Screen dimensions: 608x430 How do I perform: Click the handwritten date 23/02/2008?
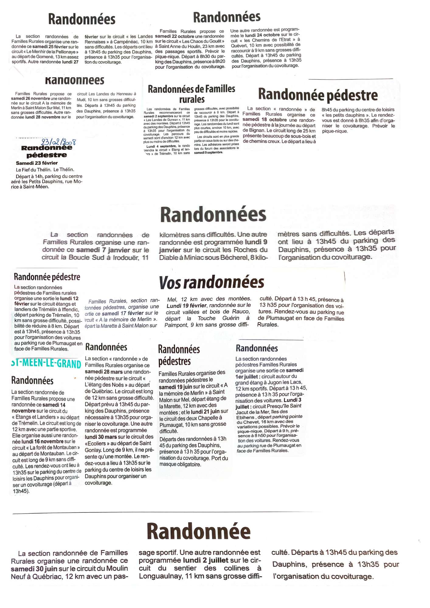(x=58, y=142)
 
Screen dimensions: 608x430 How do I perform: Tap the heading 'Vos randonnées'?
(x=211, y=282)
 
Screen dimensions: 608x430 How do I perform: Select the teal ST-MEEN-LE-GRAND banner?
(x=46, y=364)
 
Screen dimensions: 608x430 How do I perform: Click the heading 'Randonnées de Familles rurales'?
(x=192, y=94)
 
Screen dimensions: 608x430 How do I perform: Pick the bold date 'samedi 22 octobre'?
(x=175, y=36)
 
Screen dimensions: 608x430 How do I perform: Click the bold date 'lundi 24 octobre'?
(x=262, y=35)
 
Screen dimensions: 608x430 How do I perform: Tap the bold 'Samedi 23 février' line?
(x=37, y=163)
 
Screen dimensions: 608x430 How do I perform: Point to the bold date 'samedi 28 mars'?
(x=104, y=372)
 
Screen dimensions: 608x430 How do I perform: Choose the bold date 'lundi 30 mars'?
(x=101, y=437)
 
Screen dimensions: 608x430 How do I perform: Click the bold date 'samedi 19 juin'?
(x=175, y=387)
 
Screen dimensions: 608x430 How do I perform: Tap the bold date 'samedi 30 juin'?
(x=34, y=568)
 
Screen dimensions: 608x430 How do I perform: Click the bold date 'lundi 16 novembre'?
(x=42, y=441)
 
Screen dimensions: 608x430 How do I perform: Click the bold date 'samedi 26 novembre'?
(x=30, y=98)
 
